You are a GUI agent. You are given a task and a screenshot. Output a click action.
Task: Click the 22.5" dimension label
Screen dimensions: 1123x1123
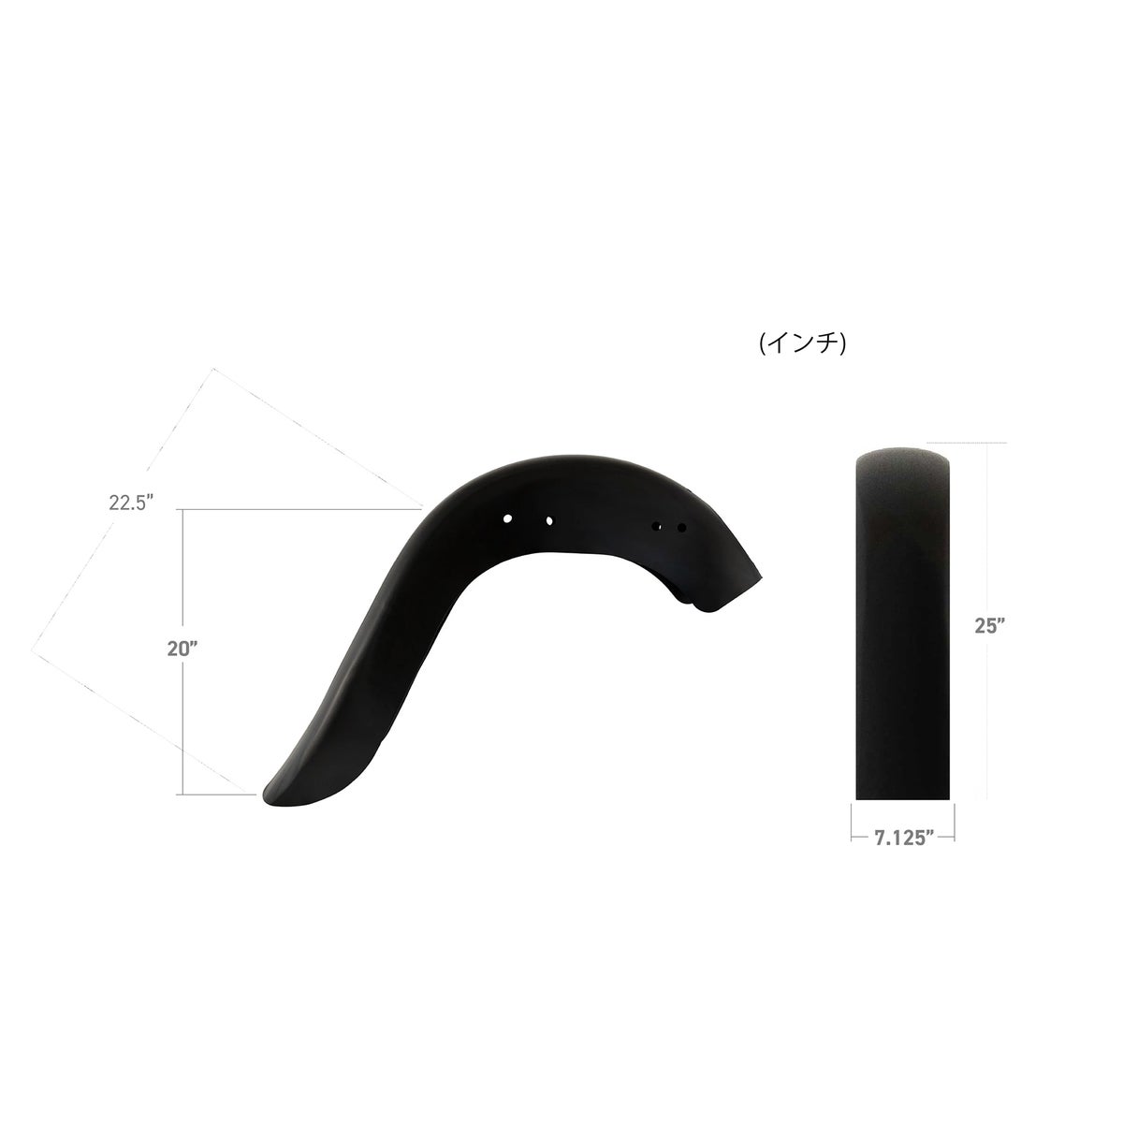(130, 502)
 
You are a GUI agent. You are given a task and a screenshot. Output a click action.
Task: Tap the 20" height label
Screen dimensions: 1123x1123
(182, 649)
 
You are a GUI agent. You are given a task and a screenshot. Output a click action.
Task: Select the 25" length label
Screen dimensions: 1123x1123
(990, 625)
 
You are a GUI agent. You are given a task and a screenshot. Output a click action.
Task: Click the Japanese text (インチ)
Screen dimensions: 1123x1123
(802, 343)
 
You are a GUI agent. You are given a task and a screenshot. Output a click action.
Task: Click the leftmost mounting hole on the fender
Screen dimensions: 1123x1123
(507, 518)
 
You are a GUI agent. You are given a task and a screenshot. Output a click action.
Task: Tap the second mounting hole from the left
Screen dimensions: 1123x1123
(549, 521)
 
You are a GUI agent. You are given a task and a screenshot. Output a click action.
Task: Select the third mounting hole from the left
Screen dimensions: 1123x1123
(656, 526)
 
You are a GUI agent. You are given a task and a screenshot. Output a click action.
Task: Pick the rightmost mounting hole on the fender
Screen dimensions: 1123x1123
(681, 528)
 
